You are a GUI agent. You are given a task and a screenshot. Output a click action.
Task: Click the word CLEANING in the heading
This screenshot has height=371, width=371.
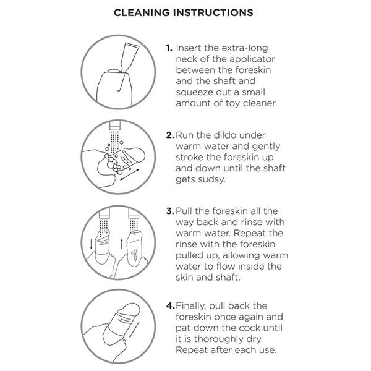[x=142, y=12]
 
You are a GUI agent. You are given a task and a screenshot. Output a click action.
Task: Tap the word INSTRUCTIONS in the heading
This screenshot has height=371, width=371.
[x=213, y=12]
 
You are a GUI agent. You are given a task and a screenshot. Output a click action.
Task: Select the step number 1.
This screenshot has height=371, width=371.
[x=169, y=48]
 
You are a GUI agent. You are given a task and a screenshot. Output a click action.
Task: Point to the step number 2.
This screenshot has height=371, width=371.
[x=170, y=135]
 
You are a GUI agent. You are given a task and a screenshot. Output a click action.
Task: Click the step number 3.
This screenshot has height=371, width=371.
[x=170, y=211]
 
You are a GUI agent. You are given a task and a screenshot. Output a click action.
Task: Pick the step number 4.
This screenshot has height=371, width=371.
[x=171, y=305]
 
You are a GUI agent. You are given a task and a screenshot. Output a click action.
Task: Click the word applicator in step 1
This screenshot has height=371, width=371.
[x=252, y=59]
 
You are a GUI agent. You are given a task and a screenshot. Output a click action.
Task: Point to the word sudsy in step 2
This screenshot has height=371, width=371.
[x=212, y=179]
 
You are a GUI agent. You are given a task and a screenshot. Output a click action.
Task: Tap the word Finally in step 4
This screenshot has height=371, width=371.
[x=190, y=306]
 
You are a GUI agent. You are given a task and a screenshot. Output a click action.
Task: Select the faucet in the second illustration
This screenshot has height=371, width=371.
[x=115, y=125]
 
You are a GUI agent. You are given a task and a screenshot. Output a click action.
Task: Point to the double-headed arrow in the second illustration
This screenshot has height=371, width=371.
[x=130, y=174]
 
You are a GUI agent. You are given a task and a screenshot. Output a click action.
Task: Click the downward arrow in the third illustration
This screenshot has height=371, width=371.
[x=92, y=244]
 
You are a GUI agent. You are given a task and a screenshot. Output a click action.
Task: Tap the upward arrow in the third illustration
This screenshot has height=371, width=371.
[x=121, y=244]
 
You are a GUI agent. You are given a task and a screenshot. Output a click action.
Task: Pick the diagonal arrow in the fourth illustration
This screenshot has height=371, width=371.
[x=134, y=330]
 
